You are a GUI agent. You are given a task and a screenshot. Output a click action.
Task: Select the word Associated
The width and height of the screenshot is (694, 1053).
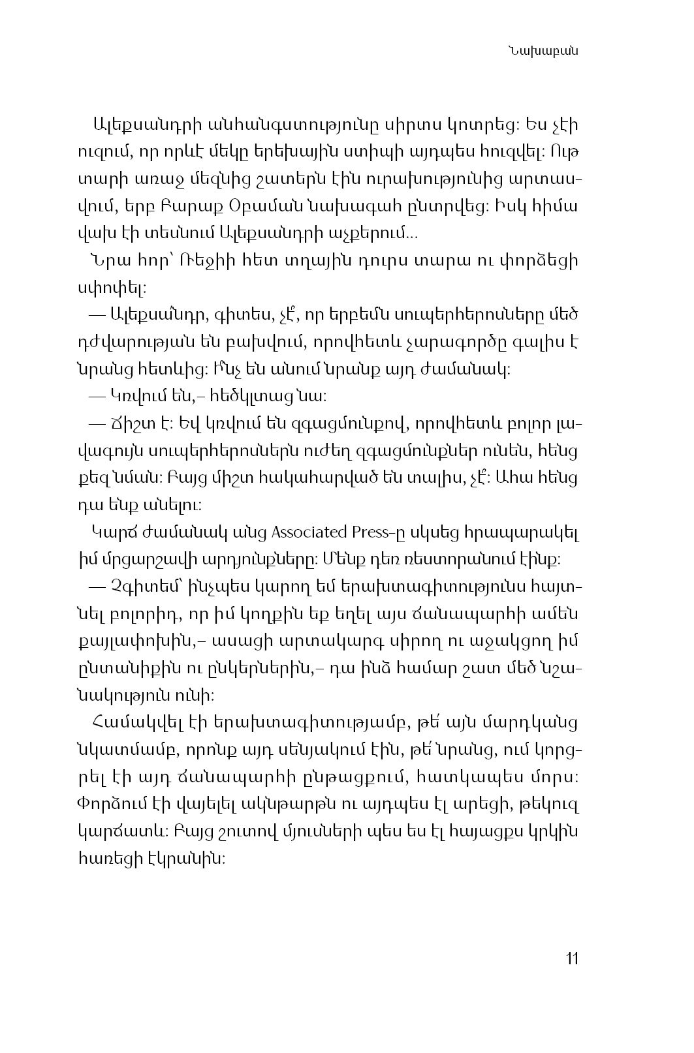(309, 532)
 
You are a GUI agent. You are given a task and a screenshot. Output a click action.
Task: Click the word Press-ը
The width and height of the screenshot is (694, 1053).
(378, 532)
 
